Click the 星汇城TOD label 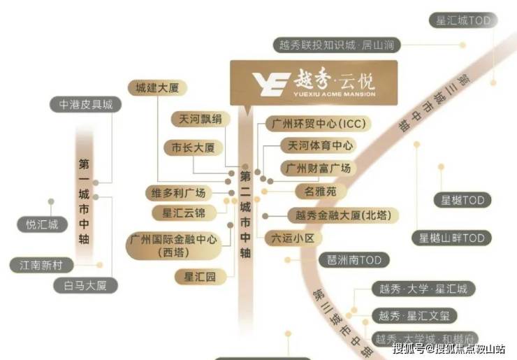(x=463, y=21)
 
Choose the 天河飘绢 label (x=200, y=120)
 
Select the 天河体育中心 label (x=316, y=146)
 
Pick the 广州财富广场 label (x=316, y=168)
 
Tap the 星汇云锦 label (x=184, y=213)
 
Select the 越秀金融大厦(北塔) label (x=343, y=216)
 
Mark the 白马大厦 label (x=86, y=285)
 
